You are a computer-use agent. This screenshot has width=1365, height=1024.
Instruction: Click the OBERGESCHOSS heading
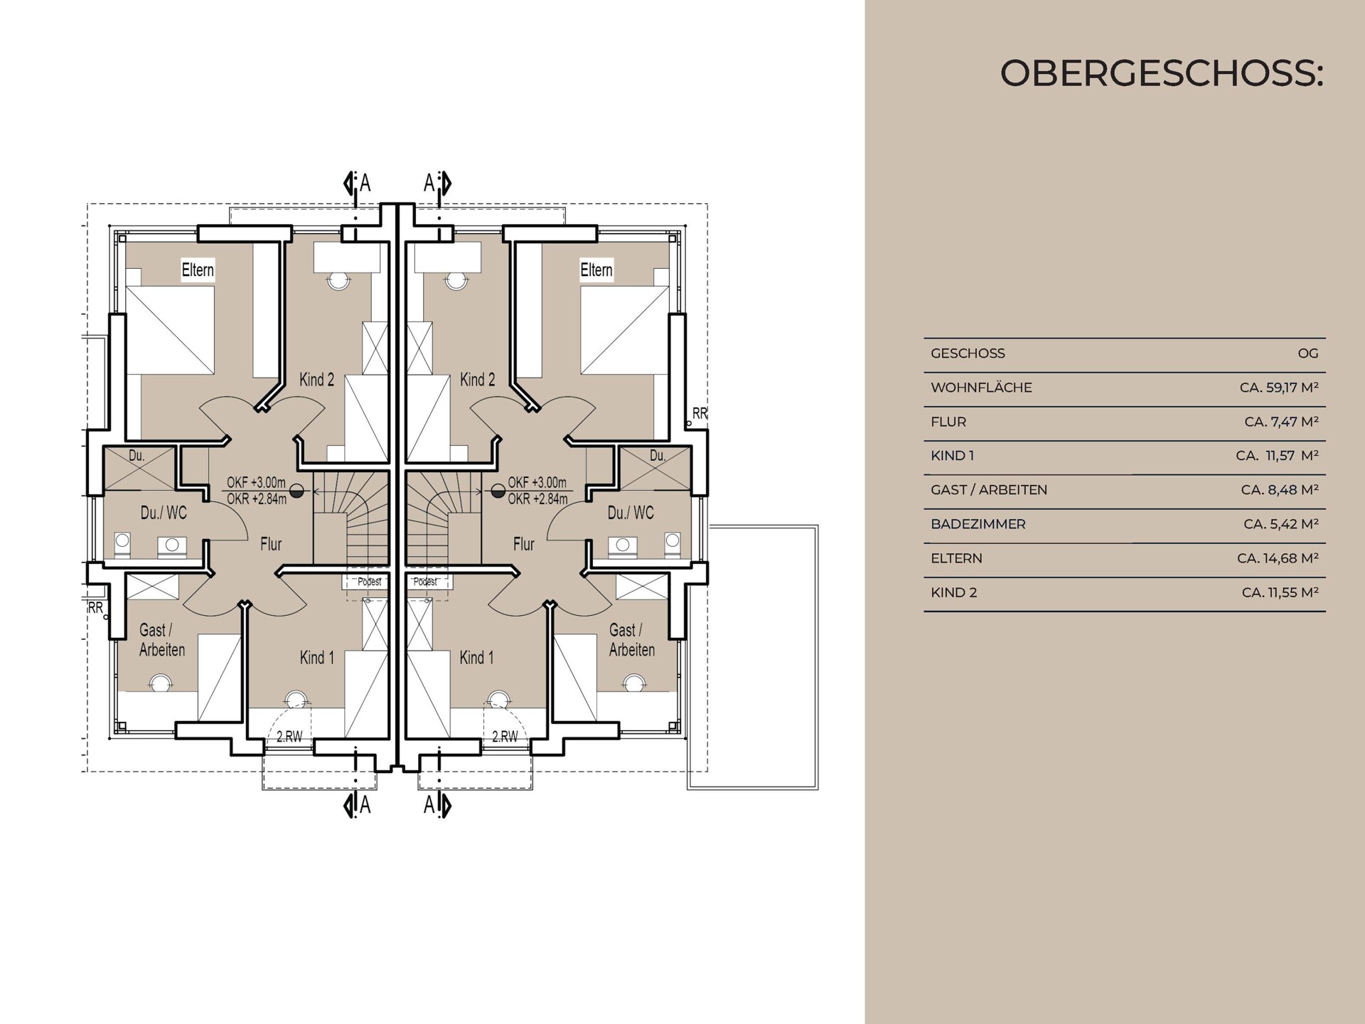point(1161,73)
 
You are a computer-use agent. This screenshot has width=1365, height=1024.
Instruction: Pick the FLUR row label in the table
point(948,422)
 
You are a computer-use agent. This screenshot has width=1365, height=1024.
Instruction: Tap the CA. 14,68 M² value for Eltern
point(1278,558)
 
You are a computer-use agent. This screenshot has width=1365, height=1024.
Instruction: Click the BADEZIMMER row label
point(978,524)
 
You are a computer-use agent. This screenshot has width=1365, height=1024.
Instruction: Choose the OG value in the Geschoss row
point(1307,353)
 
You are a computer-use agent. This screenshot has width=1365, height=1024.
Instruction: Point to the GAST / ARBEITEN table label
point(988,490)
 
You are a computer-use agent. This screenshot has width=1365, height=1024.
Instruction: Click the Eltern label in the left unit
point(198,270)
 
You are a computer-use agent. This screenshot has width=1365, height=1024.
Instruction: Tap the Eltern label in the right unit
point(596,270)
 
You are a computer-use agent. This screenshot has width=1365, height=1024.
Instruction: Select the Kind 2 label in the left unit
point(316,380)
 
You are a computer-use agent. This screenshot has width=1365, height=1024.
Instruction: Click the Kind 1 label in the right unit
point(476,658)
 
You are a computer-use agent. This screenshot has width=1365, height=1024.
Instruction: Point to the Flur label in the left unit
point(271,544)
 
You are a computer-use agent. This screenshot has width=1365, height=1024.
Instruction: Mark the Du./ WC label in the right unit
point(631,513)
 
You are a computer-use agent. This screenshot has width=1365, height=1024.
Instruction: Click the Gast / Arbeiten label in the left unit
point(161,640)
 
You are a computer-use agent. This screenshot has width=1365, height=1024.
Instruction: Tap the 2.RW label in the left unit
point(289,737)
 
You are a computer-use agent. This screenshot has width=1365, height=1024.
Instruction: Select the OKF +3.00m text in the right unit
point(537,483)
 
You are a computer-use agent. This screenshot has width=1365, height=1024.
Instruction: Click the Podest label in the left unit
point(369,582)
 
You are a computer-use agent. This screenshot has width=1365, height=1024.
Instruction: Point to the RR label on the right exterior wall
point(700,413)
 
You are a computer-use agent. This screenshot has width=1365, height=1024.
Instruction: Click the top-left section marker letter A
point(365,183)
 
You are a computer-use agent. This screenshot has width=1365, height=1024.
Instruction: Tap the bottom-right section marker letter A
point(429,805)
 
